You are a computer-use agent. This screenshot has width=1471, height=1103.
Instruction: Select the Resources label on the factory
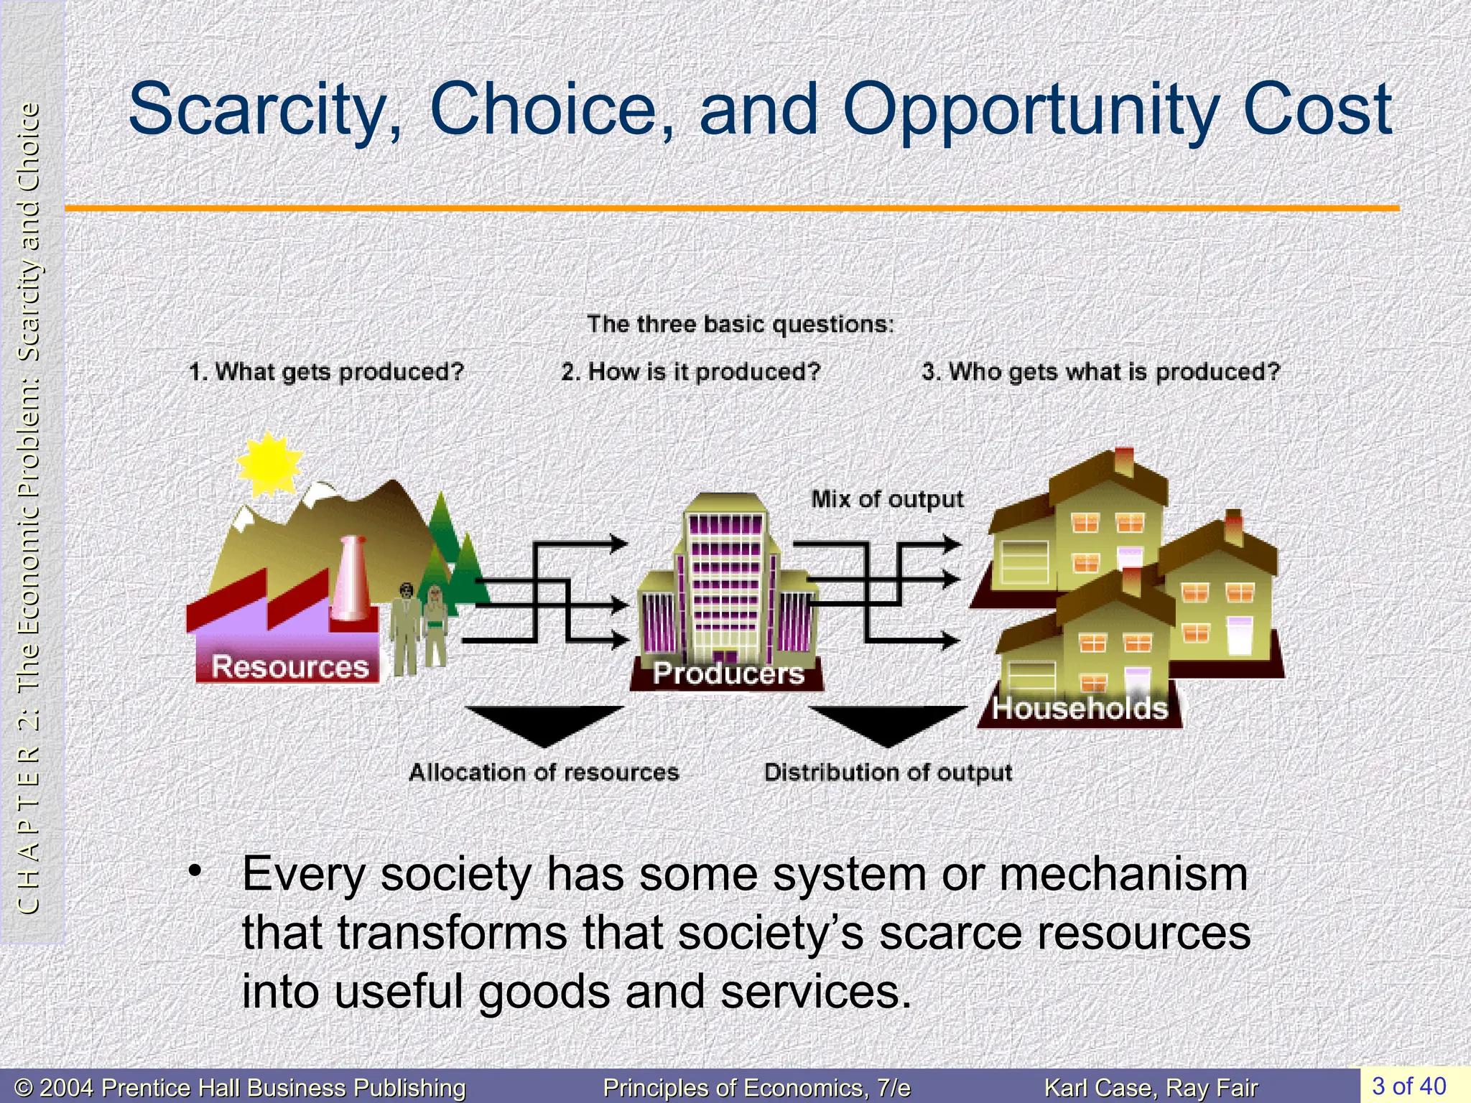click(x=289, y=667)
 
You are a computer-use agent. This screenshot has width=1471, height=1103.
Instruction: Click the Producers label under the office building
click(x=728, y=674)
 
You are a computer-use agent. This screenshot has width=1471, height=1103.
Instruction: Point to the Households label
click(x=1080, y=708)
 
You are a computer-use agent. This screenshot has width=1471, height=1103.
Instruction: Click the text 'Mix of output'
click(x=887, y=499)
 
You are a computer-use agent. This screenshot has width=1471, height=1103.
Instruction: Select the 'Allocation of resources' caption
click(x=544, y=773)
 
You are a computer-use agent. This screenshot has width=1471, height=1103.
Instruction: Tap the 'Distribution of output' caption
click(x=888, y=773)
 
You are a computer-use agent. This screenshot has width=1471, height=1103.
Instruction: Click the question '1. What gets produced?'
click(x=327, y=372)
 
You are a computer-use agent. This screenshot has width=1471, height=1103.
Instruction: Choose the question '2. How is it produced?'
click(x=690, y=372)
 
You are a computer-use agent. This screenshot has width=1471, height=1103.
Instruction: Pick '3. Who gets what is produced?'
click(x=1101, y=372)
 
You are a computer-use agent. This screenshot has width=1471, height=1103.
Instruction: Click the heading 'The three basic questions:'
click(x=741, y=325)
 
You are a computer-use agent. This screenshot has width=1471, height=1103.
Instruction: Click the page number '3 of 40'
click(x=1409, y=1085)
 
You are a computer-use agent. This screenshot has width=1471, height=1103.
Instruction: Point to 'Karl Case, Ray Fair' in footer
click(x=1151, y=1088)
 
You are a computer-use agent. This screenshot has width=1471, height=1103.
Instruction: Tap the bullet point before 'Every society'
click(x=193, y=871)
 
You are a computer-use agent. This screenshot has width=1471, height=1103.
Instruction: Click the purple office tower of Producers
click(x=725, y=574)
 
